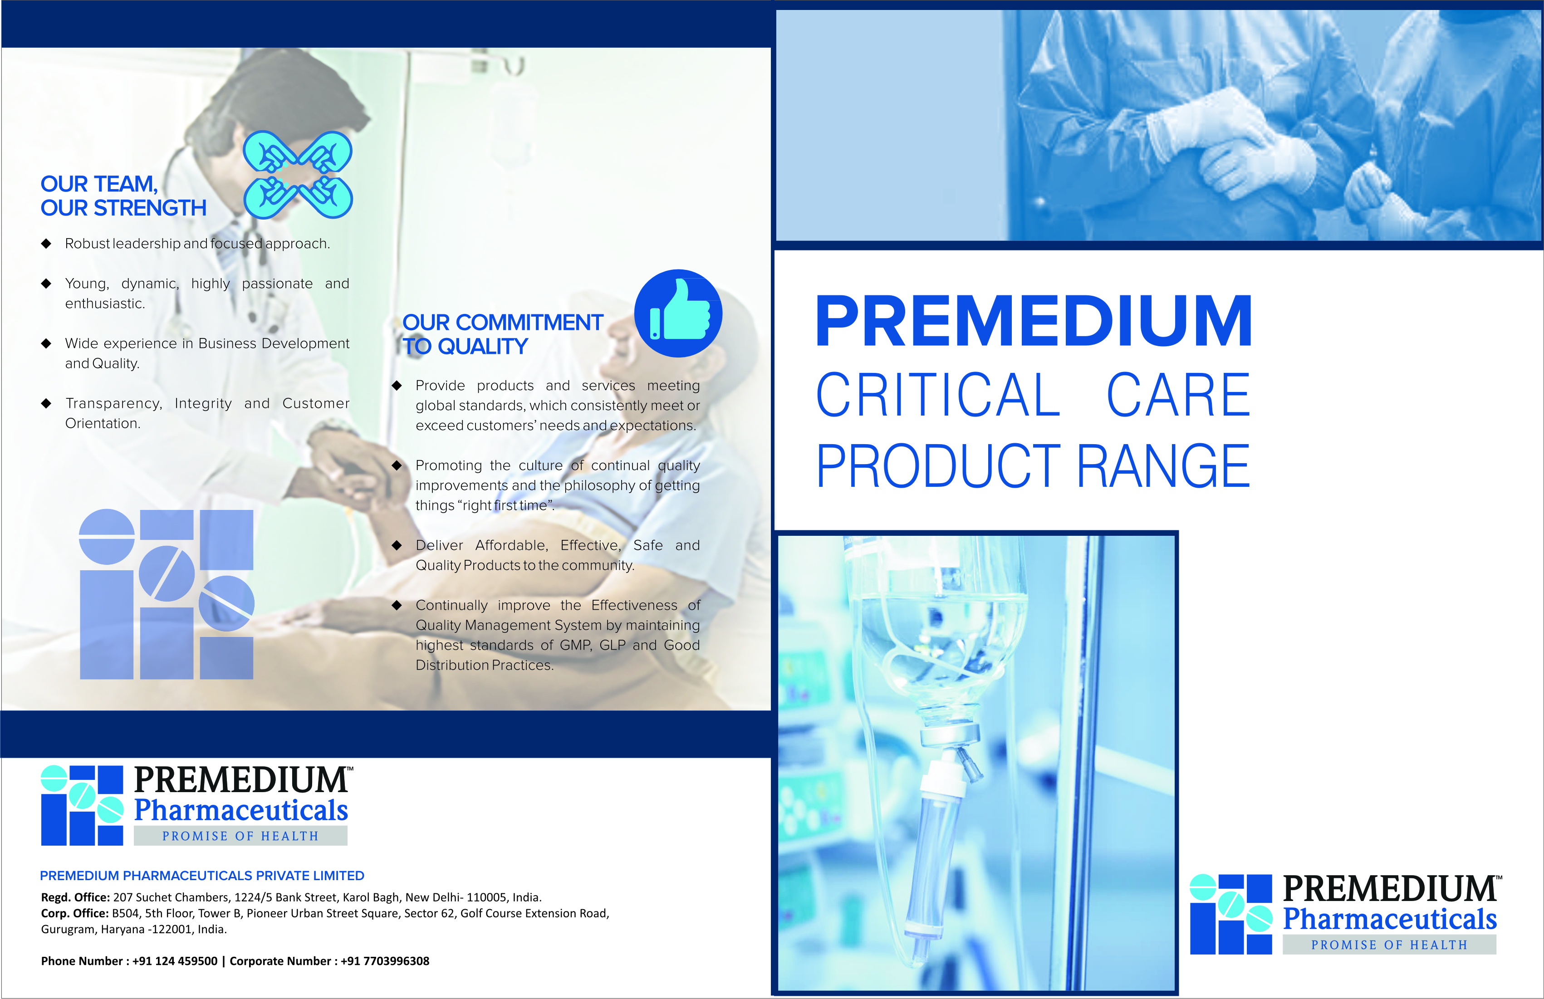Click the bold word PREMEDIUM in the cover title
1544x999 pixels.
point(1034,321)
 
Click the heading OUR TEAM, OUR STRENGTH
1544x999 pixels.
point(123,196)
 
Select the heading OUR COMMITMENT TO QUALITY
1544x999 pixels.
point(503,334)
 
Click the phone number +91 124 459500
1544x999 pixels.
point(175,961)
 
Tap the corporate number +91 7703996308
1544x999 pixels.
point(385,961)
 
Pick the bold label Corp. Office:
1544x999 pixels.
point(74,913)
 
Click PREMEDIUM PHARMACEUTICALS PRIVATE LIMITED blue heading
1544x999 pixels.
point(202,876)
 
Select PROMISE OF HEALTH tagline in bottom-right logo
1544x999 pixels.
point(1389,945)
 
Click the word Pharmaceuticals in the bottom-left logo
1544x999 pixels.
point(240,811)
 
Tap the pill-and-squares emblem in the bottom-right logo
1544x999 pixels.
point(1230,914)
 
